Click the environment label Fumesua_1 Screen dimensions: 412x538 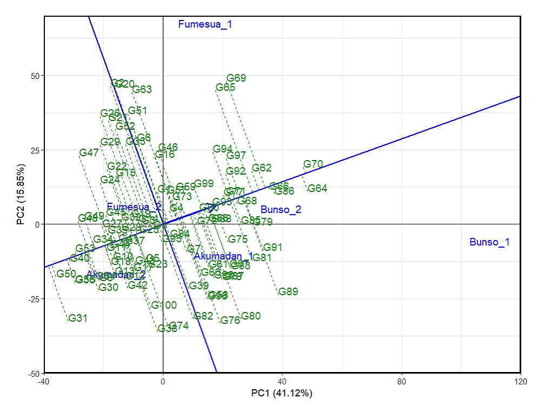tap(205, 24)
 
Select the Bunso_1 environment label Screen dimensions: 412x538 tap(489, 242)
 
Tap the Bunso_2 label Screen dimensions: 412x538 tap(281, 210)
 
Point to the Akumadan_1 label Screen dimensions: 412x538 tap(223, 256)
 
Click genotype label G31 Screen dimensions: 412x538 tap(78, 318)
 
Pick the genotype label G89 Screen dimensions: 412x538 tap(288, 291)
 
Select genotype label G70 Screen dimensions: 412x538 tap(313, 164)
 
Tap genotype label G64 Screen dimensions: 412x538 tap(317, 189)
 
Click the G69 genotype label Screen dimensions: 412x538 tap(236, 78)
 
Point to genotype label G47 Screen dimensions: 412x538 tap(89, 152)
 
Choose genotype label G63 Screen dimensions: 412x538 tap(142, 89)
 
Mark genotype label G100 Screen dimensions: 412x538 tap(164, 305)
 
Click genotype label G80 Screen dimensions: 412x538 tap(251, 316)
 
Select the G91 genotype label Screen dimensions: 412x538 tap(273, 247)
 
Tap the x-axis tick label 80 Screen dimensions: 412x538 tap(402, 382)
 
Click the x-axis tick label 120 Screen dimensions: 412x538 tap(520, 382)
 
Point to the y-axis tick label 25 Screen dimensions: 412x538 tap(35, 150)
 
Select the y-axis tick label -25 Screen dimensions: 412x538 tap(34, 299)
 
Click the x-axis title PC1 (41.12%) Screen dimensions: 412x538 tap(282, 393)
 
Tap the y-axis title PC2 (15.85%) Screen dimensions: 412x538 tap(20, 194)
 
